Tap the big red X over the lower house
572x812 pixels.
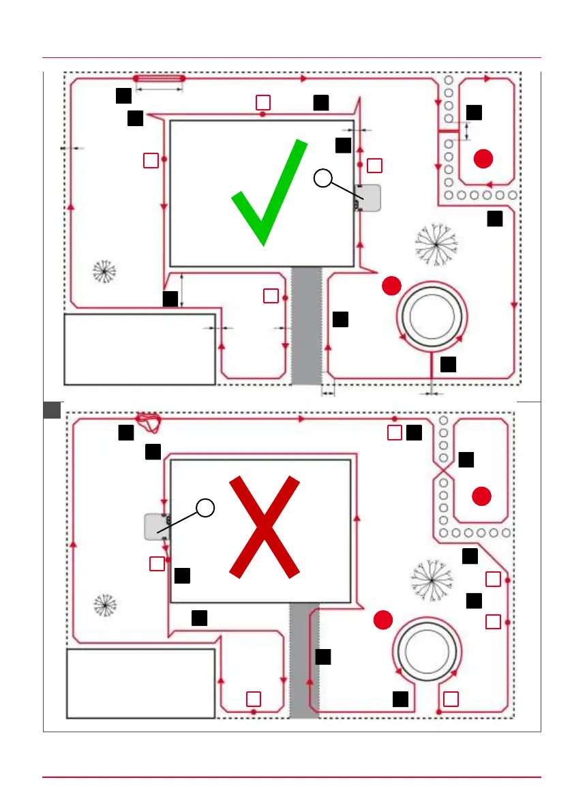point(264,526)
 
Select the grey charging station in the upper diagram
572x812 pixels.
point(367,198)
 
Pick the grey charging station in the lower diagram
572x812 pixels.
point(157,526)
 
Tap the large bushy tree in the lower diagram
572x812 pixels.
point(431,579)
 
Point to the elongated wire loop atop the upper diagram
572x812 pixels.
point(160,79)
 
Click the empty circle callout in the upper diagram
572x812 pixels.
point(324,179)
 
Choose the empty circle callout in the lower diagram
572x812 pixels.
point(205,507)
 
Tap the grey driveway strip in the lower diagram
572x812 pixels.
point(304,660)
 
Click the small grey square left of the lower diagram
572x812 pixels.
point(52,410)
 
